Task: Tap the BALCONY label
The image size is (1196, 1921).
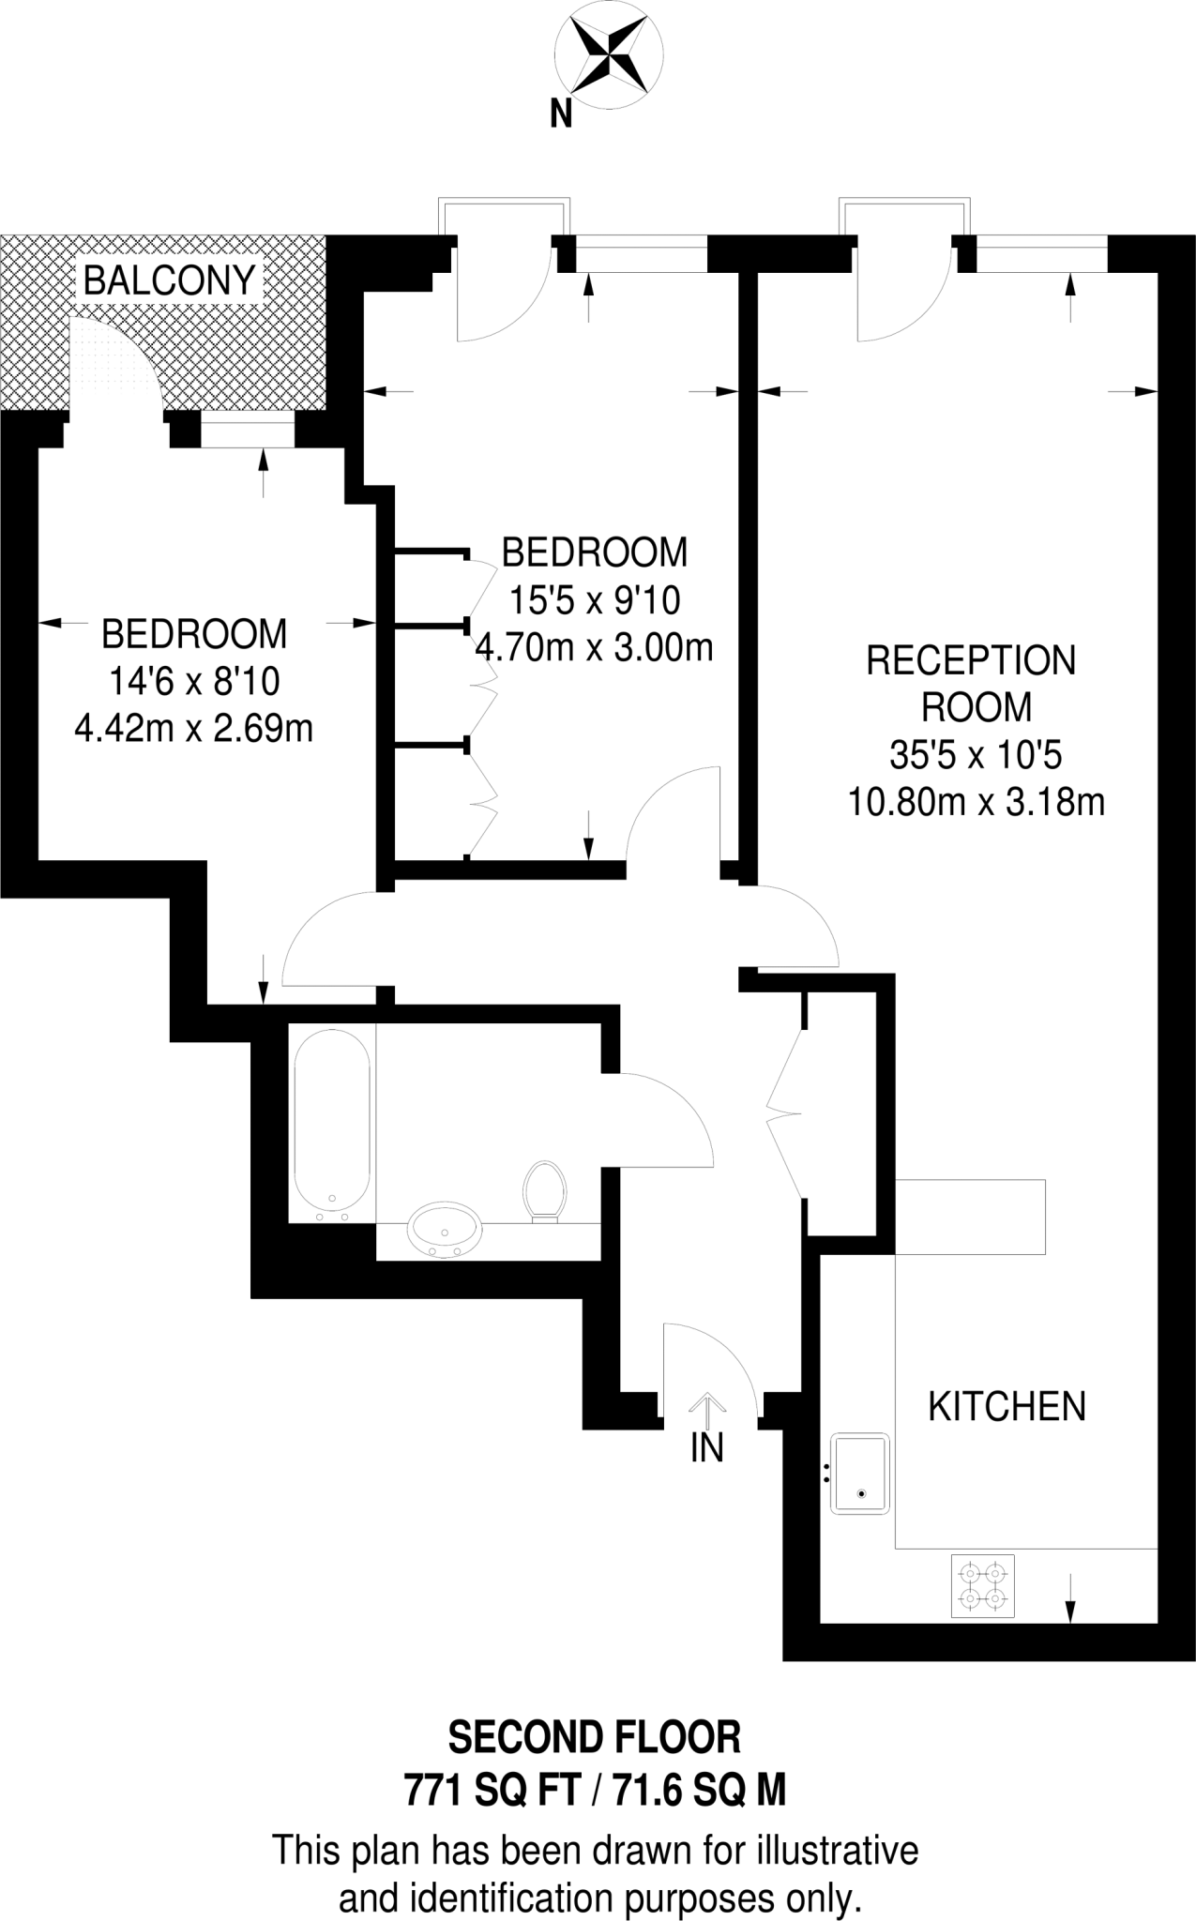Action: [x=170, y=280]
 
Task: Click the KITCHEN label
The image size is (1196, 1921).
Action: [x=1007, y=1407]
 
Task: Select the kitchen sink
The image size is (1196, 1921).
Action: [x=858, y=1474]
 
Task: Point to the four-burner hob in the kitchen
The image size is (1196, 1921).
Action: [x=983, y=1585]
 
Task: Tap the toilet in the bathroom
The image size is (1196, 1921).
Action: [x=544, y=1191]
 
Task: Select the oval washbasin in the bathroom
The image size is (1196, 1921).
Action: [x=446, y=1229]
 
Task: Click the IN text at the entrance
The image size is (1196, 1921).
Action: [x=706, y=1449]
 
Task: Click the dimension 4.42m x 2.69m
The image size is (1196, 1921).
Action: [x=193, y=728]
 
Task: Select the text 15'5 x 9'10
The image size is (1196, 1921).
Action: [x=595, y=599]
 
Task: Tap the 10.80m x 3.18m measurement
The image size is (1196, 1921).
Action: [x=976, y=802]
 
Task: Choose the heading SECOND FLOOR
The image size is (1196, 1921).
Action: [x=595, y=1737]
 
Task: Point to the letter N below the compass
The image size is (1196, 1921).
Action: [x=561, y=114]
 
